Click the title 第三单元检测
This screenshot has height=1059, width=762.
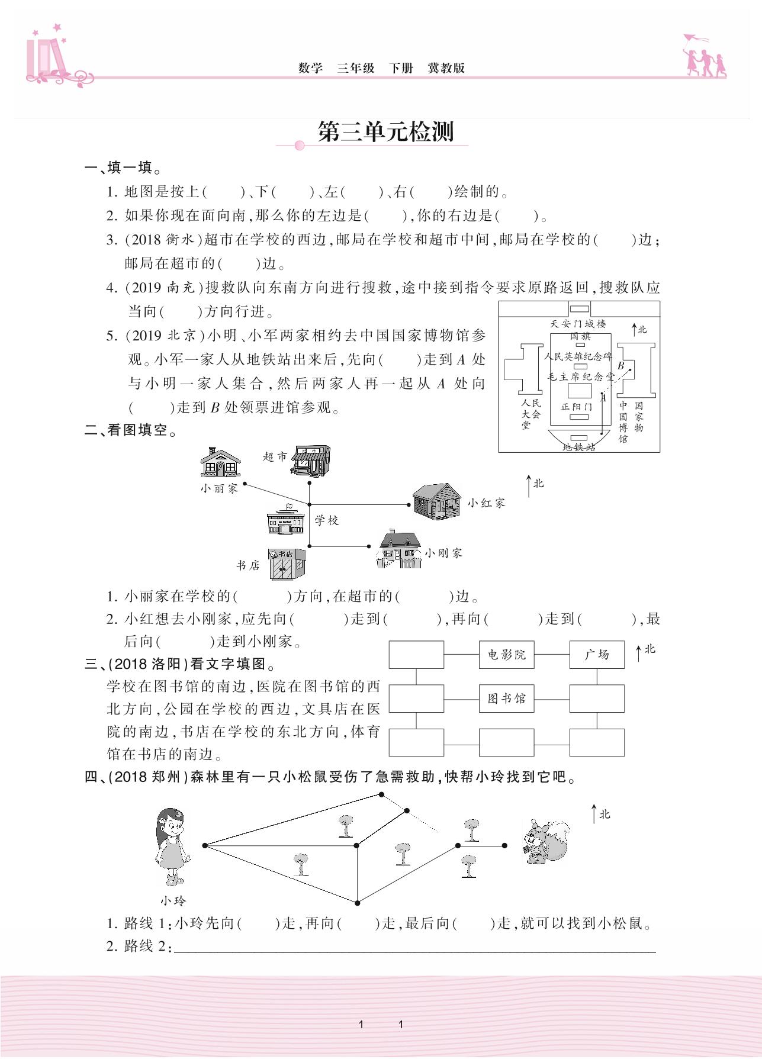(385, 132)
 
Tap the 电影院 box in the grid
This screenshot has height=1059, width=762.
(506, 655)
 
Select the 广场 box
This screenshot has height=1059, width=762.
(597, 655)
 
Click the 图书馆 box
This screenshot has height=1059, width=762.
(506, 699)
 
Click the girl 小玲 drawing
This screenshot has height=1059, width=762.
(171, 846)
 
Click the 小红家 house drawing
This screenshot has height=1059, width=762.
(436, 501)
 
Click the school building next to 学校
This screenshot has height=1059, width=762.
(285, 520)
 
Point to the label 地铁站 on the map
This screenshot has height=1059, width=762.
(578, 447)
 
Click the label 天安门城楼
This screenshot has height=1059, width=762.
(578, 324)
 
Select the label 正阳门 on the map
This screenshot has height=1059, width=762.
(576, 407)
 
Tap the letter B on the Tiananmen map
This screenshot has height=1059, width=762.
(621, 366)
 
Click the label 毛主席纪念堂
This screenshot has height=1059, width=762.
(581, 376)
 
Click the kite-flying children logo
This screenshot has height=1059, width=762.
(704, 57)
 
